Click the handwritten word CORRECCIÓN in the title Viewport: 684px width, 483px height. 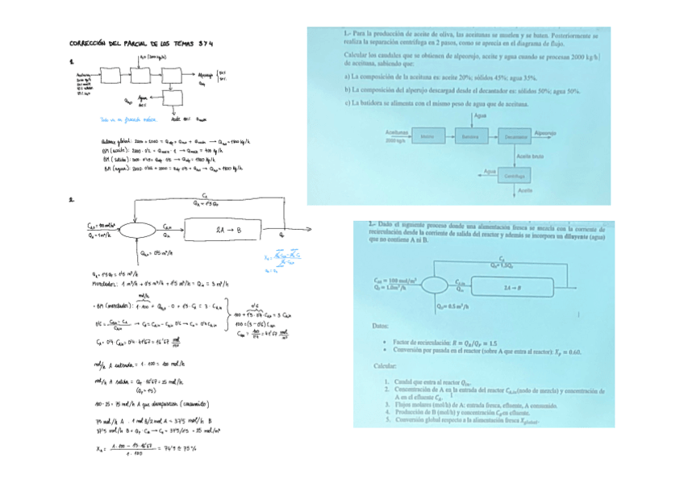point(90,44)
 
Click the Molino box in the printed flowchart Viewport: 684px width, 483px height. point(427,136)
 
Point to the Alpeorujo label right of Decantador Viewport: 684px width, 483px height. point(545,132)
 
